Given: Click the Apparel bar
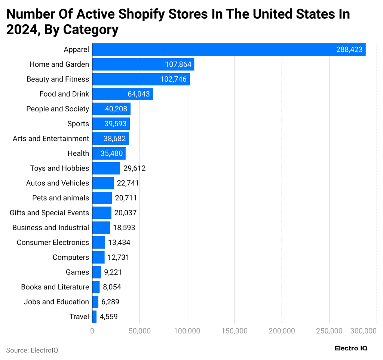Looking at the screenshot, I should click(229, 49).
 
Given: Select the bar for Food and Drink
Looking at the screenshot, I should click(122, 94).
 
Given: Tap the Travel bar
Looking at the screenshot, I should click(94, 317).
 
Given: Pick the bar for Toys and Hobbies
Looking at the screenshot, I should click(106, 168).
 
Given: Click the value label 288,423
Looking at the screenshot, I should click(349, 49).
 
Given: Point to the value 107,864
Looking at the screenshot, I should click(178, 64).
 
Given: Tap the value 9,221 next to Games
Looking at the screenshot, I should click(113, 272).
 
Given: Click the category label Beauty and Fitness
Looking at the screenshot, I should click(58, 79).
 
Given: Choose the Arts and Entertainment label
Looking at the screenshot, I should click(51, 139).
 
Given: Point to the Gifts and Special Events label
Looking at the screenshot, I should click(49, 213).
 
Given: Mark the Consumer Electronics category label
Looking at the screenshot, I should click(53, 243).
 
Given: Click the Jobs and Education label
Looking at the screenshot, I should click(56, 302).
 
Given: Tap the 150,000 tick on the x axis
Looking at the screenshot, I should click(234, 331).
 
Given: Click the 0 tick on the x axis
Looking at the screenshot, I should click(92, 331).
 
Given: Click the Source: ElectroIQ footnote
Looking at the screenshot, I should click(32, 350).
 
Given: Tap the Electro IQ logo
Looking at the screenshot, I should click(351, 348).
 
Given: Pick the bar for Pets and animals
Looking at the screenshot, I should click(102, 198).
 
